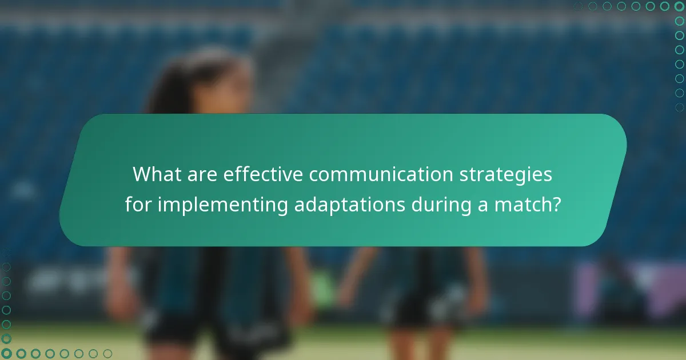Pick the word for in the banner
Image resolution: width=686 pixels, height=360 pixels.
click(x=138, y=205)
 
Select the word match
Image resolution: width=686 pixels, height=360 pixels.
click(x=521, y=205)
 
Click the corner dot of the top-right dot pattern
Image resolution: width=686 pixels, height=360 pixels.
click(x=679, y=6)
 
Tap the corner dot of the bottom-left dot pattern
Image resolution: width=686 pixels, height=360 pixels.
click(x=7, y=354)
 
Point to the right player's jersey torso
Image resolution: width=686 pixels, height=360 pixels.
click(x=423, y=269)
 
